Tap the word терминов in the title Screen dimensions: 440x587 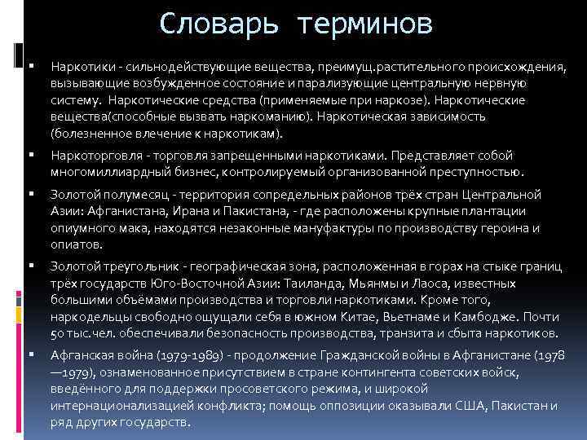365,24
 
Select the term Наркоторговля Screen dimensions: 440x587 88,156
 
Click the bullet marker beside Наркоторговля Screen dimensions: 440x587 29,154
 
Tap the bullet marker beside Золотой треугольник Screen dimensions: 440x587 29,265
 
